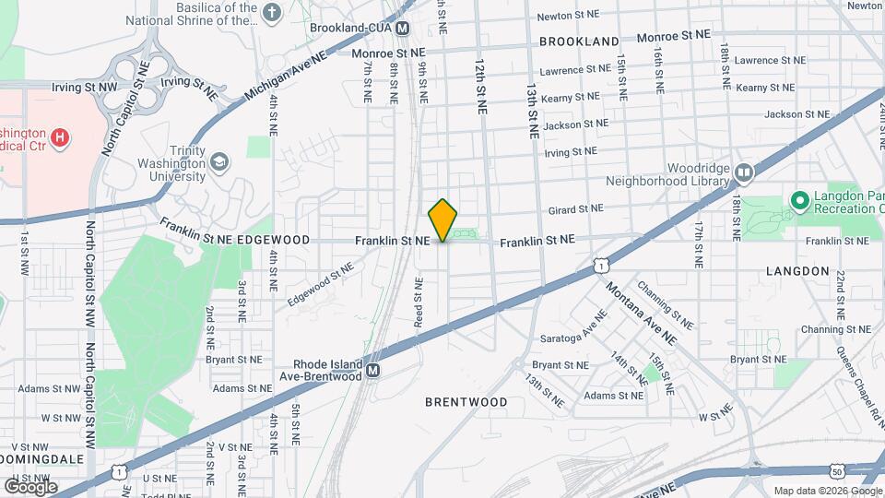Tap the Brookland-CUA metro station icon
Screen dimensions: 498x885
tap(403, 30)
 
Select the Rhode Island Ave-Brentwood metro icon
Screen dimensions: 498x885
tap(373, 371)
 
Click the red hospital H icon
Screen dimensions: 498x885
tap(60, 139)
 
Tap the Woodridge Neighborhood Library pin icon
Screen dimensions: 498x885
tap(744, 172)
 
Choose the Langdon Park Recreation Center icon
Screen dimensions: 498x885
tap(798, 199)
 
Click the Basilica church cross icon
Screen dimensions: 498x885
tap(271, 13)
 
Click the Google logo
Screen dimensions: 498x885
tap(30, 487)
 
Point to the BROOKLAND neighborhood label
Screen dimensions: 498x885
tap(579, 41)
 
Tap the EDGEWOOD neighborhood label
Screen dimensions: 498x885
tap(273, 239)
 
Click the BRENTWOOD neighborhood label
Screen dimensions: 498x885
tap(466, 402)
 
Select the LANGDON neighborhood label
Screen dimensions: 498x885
tap(797, 271)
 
